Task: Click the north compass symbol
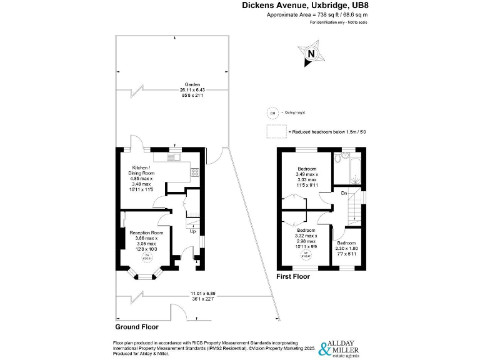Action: click(311, 54)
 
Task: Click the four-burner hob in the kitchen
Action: click(195, 173)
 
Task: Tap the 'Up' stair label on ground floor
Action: click(192, 231)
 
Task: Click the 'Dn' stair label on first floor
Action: click(344, 193)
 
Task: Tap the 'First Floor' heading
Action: click(293, 276)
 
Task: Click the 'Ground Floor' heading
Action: click(137, 327)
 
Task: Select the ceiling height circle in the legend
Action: click(272, 113)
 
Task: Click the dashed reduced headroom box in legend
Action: click(276, 132)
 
